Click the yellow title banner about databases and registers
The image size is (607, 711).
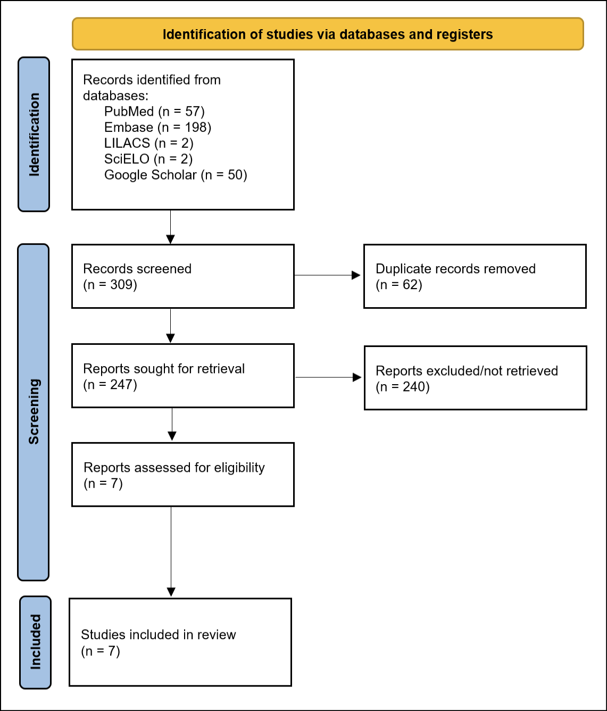[328, 35]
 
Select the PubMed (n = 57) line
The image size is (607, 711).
[154, 112]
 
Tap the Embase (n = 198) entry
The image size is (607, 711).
[157, 128]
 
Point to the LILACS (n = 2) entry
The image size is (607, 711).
[148, 143]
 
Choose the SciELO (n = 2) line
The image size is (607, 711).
[148, 159]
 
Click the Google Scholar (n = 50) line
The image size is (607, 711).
[176, 175]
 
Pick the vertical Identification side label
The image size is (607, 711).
[34, 134]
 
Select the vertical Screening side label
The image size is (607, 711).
[34, 412]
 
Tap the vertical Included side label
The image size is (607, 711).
[35, 642]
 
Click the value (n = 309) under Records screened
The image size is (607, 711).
[110, 285]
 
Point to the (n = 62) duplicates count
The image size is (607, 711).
[399, 285]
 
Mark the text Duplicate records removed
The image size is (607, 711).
[455, 269]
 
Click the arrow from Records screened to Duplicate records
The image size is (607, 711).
[328, 275]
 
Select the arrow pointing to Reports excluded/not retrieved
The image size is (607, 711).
[328, 377]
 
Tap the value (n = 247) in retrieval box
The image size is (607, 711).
[110, 385]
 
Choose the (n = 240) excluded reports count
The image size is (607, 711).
[403, 387]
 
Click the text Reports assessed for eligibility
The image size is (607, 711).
[174, 468]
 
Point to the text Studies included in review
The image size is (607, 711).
[158, 635]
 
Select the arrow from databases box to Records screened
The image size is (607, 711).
[171, 227]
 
